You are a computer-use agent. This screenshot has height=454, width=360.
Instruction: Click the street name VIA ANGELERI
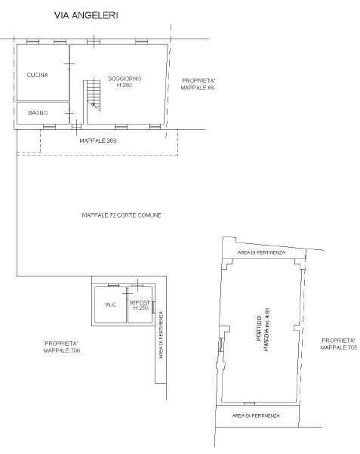pos(86,15)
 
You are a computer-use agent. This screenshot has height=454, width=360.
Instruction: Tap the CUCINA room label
pos(37,75)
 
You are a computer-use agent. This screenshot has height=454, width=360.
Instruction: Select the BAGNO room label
pos(38,113)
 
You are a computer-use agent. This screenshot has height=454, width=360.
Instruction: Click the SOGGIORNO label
pos(125,79)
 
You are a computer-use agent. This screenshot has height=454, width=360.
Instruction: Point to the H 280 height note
pos(124,85)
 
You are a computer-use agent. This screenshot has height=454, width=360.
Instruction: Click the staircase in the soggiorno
pos(94,95)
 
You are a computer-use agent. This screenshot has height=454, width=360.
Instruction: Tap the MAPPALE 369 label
pos(98,141)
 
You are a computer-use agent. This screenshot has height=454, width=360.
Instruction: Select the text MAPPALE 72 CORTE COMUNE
pos(122,215)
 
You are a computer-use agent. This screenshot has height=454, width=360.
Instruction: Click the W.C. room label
pos(111,304)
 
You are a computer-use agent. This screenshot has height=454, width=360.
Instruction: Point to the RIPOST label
pos(140,303)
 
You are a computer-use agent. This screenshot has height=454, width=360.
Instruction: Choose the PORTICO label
pos(259,329)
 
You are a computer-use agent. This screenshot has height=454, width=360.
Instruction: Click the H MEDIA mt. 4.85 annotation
pos(267,329)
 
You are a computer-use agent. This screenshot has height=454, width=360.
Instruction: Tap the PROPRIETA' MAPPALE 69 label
pos(198,85)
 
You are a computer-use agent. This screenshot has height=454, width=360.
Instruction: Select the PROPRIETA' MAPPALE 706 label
pos(62,347)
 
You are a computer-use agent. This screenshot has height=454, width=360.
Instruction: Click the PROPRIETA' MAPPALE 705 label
pos(339,344)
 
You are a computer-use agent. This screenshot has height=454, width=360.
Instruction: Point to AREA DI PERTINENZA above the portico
pos(261,252)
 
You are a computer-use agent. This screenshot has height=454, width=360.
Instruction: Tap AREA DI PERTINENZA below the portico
pos(256,415)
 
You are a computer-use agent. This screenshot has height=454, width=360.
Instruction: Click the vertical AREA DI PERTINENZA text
pos(162,335)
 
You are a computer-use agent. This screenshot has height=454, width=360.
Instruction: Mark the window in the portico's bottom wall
pos(250,403)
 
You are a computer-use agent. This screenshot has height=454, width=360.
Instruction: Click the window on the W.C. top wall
pos(113,286)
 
